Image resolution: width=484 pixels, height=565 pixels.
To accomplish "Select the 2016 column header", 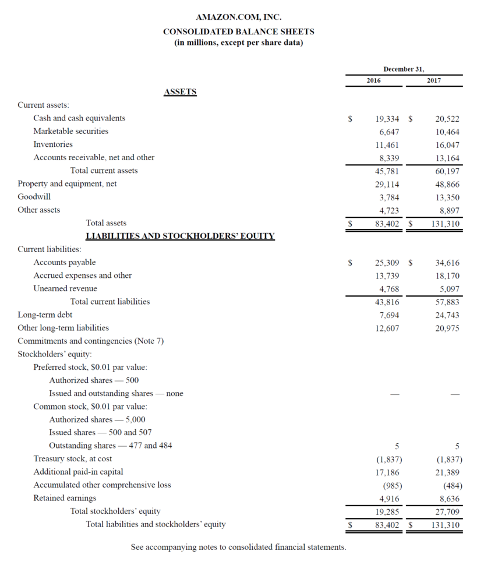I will coord(373,80).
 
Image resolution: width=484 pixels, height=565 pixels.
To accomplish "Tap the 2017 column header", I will coord(433,80).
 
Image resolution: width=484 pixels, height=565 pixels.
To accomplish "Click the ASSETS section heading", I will coord(180,92).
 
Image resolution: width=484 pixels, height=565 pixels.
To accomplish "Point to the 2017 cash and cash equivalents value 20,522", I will coord(447,118).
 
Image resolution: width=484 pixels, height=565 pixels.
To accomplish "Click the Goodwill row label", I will coord(34,197).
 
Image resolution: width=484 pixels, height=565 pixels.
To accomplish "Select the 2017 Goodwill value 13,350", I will coord(447,197).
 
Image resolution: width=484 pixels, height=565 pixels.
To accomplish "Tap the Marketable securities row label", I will coord(70,131).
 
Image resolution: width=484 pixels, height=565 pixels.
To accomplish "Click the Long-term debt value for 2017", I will coord(447,315).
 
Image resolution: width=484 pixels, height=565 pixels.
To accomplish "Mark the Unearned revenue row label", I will coord(65,289).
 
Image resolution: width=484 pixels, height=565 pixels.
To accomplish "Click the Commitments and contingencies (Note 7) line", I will coord(90,341).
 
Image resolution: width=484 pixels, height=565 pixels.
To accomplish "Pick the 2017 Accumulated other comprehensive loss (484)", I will coord(451,485).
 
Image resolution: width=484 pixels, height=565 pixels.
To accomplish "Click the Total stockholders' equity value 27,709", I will coord(447,511).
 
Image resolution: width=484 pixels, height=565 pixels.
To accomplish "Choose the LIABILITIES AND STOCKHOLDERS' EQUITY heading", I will coord(180,236).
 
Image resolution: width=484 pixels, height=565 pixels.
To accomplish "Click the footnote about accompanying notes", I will coord(238,547).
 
